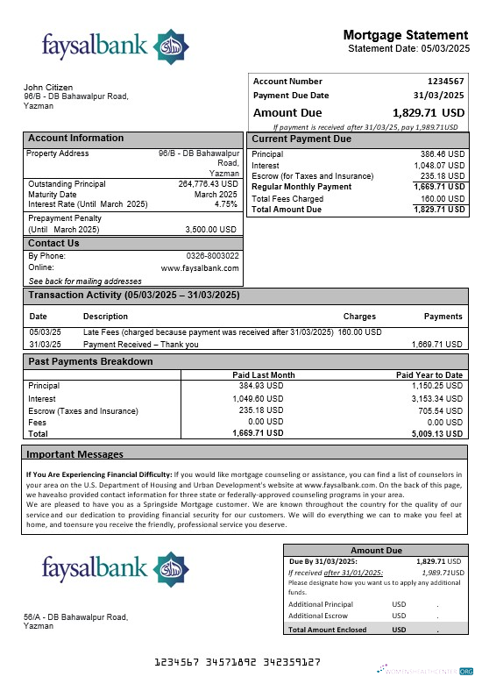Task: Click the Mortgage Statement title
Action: pyautogui.click(x=405, y=35)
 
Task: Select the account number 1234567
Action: pyautogui.click(x=444, y=82)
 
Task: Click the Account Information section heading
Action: pyautogui.click(x=76, y=139)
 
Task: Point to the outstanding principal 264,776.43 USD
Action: pyautogui.click(x=208, y=184)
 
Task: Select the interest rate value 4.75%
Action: pyautogui.click(x=225, y=203)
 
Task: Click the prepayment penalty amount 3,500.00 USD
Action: pyautogui.click(x=211, y=229)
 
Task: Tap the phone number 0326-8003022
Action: pyautogui.click(x=212, y=256)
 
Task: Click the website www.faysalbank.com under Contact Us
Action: pyautogui.click(x=200, y=267)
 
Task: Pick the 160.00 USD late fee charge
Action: pyautogui.click(x=360, y=332)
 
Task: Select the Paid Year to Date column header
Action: pyautogui.click(x=429, y=375)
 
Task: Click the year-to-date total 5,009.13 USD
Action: pyautogui.click(x=436, y=432)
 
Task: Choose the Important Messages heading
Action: pyautogui.click(x=74, y=454)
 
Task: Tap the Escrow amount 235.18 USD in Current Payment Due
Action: pyautogui.click(x=443, y=175)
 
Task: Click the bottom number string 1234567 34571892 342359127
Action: pyautogui.click(x=237, y=662)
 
